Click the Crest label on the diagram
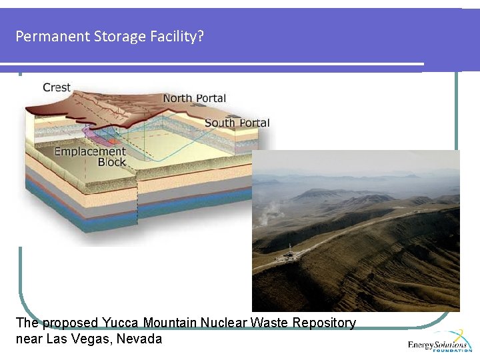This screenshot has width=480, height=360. point(57,87)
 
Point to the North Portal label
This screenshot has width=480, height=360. point(195,99)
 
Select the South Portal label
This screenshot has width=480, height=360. point(237,123)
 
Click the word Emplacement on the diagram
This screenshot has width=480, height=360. point(90,151)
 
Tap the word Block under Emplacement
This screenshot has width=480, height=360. point(111,162)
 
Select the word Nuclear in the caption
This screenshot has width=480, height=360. point(225,323)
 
